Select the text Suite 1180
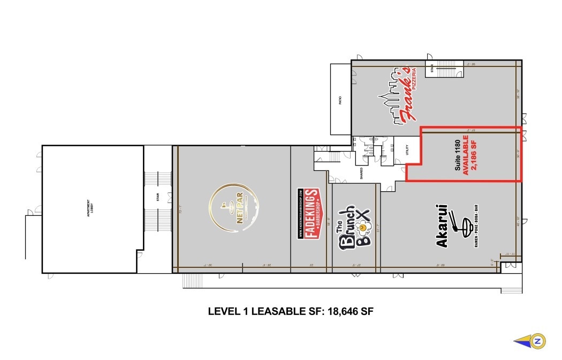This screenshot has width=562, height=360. pos(457,155)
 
